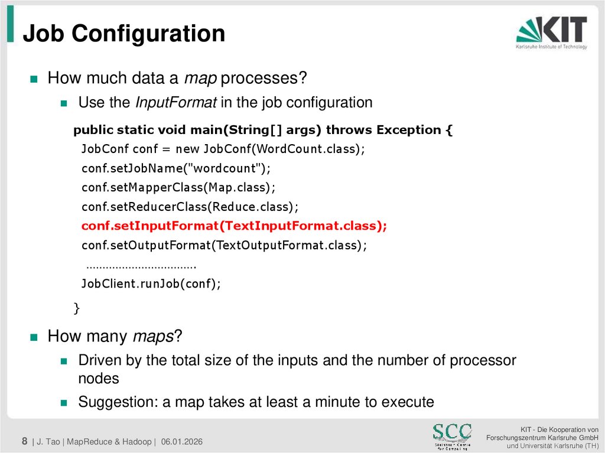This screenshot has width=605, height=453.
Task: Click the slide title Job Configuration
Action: click(x=124, y=34)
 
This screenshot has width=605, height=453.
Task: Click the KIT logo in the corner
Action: click(x=551, y=32)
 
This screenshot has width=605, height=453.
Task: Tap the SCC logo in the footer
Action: click(x=452, y=434)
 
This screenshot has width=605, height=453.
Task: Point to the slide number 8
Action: click(x=25, y=441)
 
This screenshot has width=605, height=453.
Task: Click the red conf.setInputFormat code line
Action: click(x=234, y=226)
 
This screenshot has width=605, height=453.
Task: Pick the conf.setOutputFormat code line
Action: click(x=224, y=245)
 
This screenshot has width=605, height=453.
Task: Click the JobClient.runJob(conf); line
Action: click(x=151, y=283)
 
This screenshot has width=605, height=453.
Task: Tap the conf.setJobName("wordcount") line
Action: click(x=175, y=168)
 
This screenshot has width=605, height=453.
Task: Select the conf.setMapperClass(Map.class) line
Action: click(x=178, y=187)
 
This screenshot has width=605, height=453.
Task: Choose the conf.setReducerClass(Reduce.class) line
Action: click(x=190, y=207)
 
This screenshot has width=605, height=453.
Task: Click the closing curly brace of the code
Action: click(x=76, y=307)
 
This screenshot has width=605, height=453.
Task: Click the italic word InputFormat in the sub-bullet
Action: click(x=175, y=103)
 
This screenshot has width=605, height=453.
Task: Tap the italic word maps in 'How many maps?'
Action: click(x=152, y=337)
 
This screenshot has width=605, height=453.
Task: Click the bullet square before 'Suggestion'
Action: click(x=64, y=403)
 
